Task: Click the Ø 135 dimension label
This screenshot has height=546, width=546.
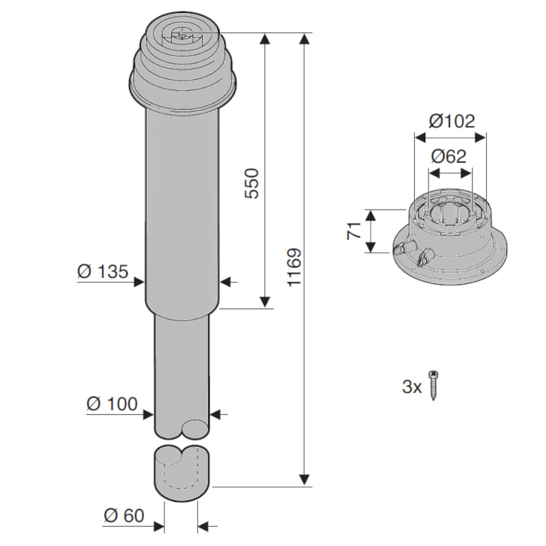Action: pos(103,271)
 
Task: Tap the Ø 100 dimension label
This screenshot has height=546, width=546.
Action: pos(112,404)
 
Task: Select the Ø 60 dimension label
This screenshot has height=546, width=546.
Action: pos(124,516)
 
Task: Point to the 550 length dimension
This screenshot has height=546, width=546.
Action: pos(252,184)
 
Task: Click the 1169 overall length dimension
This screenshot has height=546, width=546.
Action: pos(293,268)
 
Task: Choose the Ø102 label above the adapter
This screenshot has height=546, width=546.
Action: pos(452,121)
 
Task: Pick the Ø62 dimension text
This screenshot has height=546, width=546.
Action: pos(448,156)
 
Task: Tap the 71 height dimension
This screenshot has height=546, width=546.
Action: pos(354,231)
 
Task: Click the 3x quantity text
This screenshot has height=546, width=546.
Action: pos(412,386)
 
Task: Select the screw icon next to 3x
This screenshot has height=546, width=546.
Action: pos(433,386)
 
